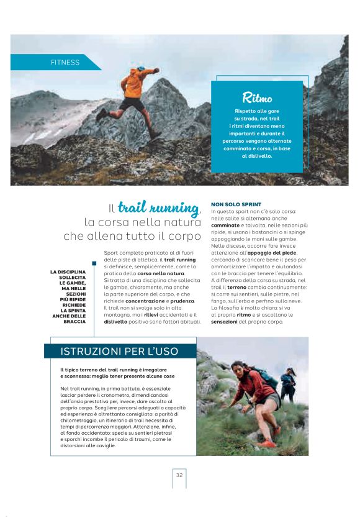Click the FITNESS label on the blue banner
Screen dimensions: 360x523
[x=65, y=62]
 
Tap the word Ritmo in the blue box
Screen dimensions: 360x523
[x=257, y=98]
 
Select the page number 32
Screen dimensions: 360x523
[x=179, y=475]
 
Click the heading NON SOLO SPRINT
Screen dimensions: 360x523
[x=236, y=204]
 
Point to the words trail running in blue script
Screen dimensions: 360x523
[x=159, y=207]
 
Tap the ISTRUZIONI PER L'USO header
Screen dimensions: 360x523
[x=119, y=352]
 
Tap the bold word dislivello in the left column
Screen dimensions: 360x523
[x=117, y=322]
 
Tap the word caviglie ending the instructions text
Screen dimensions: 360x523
[x=104, y=445]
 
